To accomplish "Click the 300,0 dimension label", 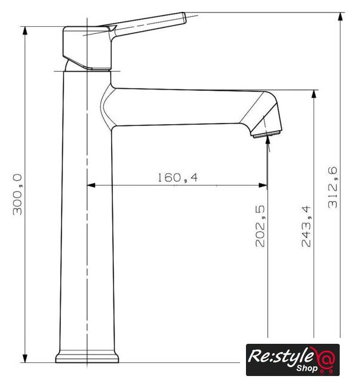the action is coord(17,195).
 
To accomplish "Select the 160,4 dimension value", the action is coord(178,177).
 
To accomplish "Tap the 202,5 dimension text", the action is coord(260,226).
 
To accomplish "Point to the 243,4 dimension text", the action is coord(306,226).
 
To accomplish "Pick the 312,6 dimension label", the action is coord(333,187).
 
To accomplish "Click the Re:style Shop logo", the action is coord(293,359).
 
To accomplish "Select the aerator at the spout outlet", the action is coord(267,134).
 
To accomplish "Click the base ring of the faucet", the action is coord(87,357).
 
